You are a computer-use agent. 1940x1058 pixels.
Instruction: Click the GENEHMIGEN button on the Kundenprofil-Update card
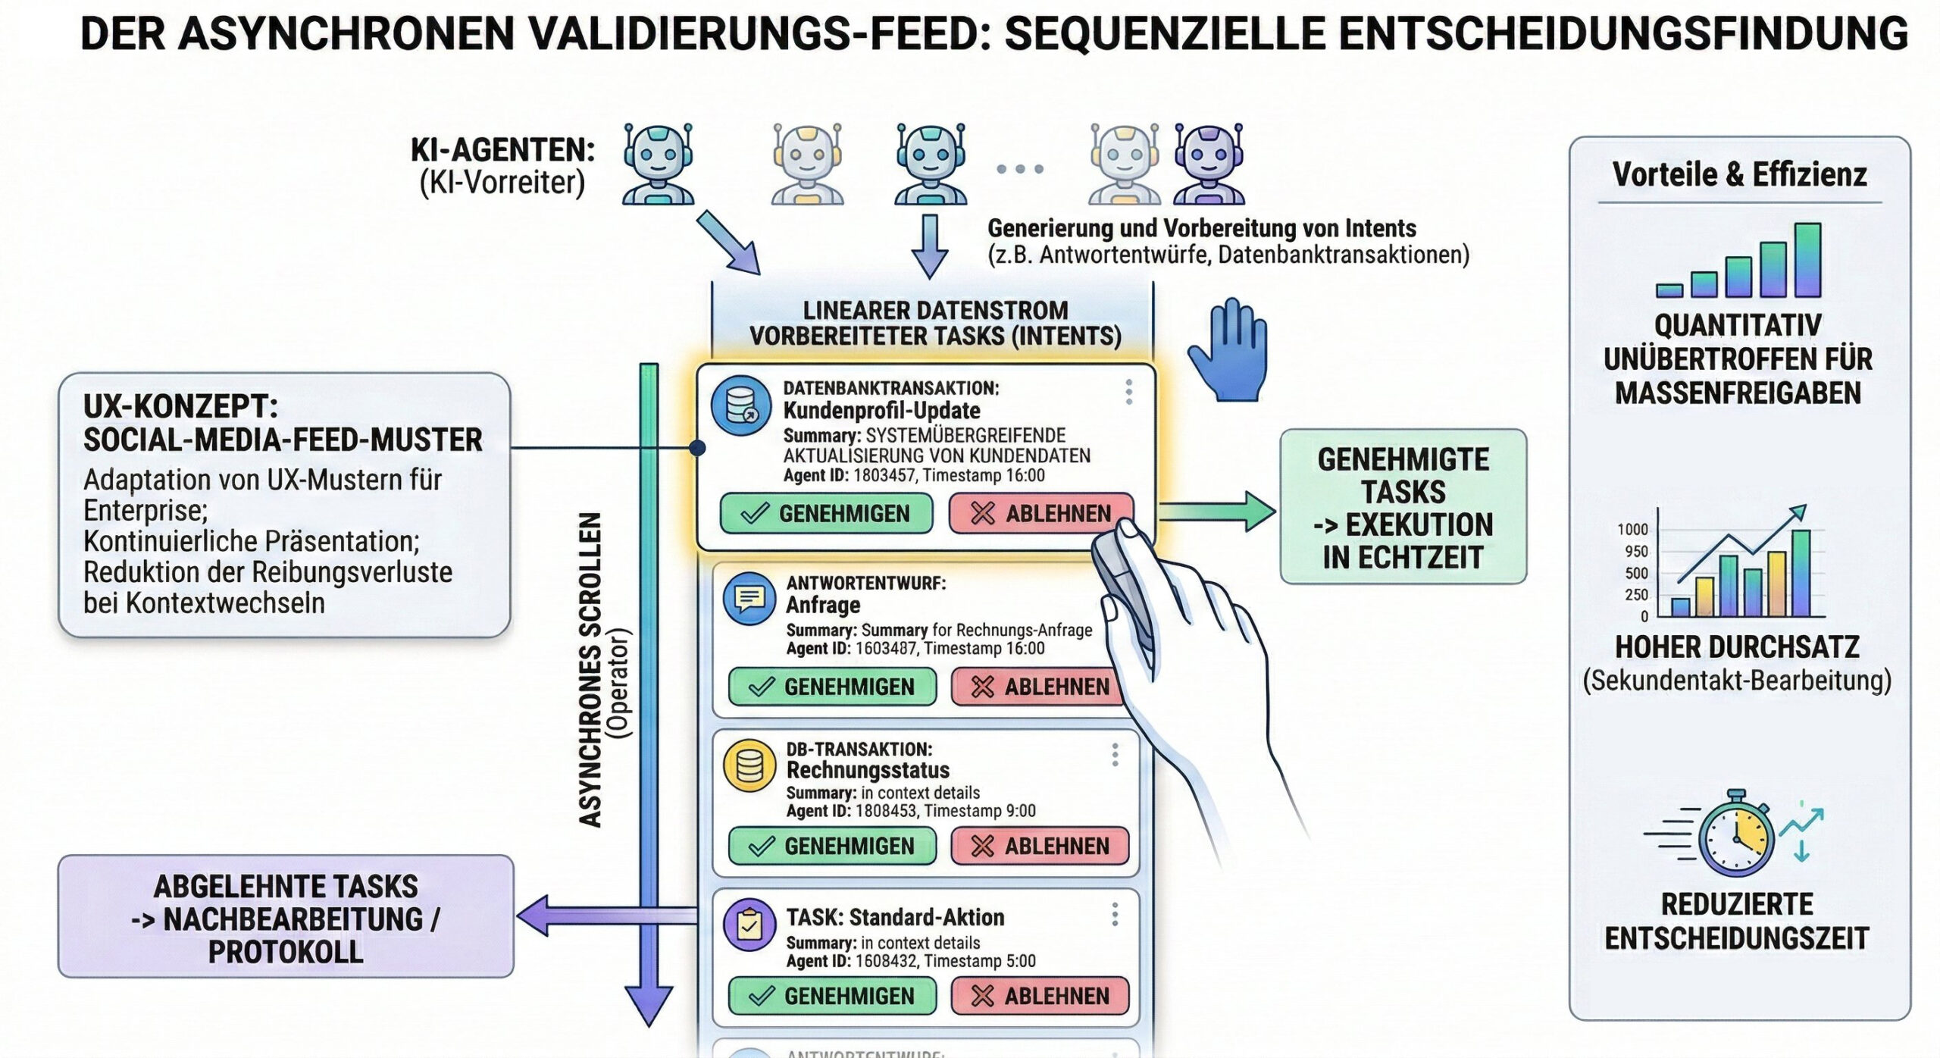click(826, 513)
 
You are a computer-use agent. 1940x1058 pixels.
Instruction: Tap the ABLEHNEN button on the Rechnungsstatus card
click(1040, 846)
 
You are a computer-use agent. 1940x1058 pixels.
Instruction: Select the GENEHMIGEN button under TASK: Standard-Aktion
click(832, 995)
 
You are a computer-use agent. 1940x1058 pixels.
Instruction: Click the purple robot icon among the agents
click(1209, 164)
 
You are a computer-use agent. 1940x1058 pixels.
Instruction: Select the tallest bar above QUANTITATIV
click(1807, 259)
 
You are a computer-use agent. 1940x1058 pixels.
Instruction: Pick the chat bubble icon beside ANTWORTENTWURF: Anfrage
click(749, 598)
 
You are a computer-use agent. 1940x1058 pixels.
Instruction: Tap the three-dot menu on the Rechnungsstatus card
click(1115, 755)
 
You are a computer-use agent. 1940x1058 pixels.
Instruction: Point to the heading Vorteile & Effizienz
click(1739, 174)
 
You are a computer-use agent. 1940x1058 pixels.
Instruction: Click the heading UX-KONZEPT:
click(180, 407)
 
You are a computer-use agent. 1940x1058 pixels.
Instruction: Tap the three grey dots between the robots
click(1020, 168)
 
